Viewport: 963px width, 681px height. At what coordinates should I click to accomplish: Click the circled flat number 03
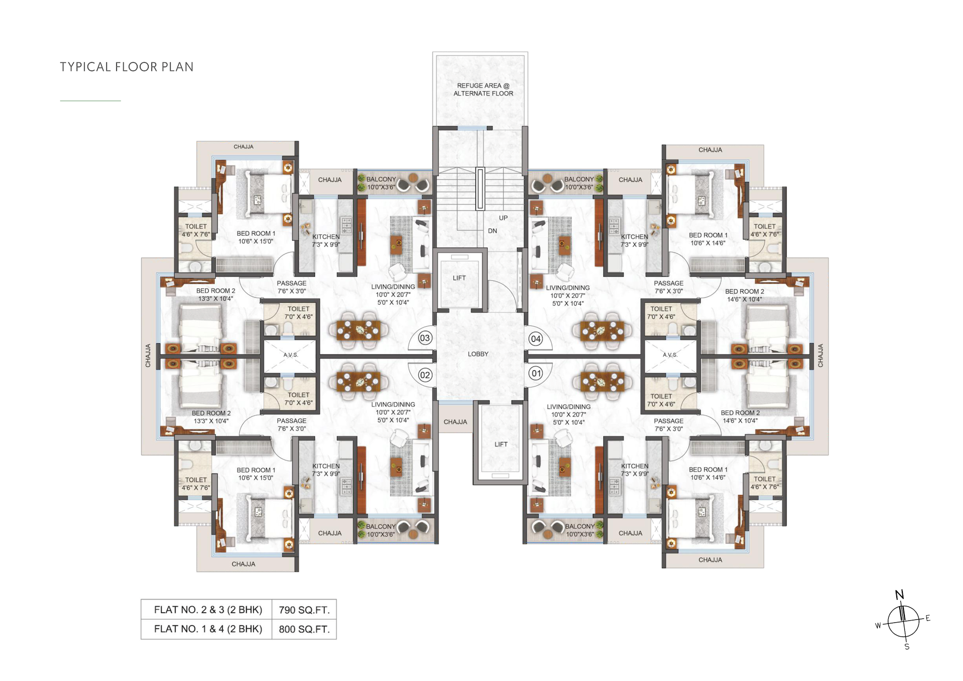tap(425, 338)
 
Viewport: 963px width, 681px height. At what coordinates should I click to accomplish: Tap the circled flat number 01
tap(536, 373)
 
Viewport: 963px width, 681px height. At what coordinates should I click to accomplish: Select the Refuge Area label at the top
tap(483, 89)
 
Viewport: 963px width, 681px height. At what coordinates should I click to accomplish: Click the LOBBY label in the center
tap(478, 354)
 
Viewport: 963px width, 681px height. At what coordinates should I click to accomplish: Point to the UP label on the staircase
tap(503, 218)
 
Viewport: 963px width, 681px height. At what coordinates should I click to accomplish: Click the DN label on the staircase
tap(493, 231)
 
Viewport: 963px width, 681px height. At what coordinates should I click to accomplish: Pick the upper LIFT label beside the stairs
tap(459, 278)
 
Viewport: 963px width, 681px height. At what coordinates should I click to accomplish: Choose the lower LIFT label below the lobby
tap(501, 444)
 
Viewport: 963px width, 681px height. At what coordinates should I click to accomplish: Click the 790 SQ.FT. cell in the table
tap(304, 610)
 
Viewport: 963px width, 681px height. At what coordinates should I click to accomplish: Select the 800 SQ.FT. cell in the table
tap(304, 629)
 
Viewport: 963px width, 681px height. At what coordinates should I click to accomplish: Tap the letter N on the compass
tap(899, 595)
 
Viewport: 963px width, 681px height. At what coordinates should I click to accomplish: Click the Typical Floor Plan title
tap(126, 67)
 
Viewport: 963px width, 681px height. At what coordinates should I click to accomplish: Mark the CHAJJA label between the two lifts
tap(455, 422)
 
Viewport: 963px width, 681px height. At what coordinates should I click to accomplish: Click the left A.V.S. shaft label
tap(290, 355)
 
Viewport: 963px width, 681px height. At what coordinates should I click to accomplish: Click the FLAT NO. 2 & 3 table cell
tap(208, 610)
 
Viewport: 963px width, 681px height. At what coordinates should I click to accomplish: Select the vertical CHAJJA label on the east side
tap(821, 355)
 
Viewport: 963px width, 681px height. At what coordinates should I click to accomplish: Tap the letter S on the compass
tap(907, 646)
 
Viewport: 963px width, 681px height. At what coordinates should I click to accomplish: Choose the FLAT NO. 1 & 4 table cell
tap(208, 629)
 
